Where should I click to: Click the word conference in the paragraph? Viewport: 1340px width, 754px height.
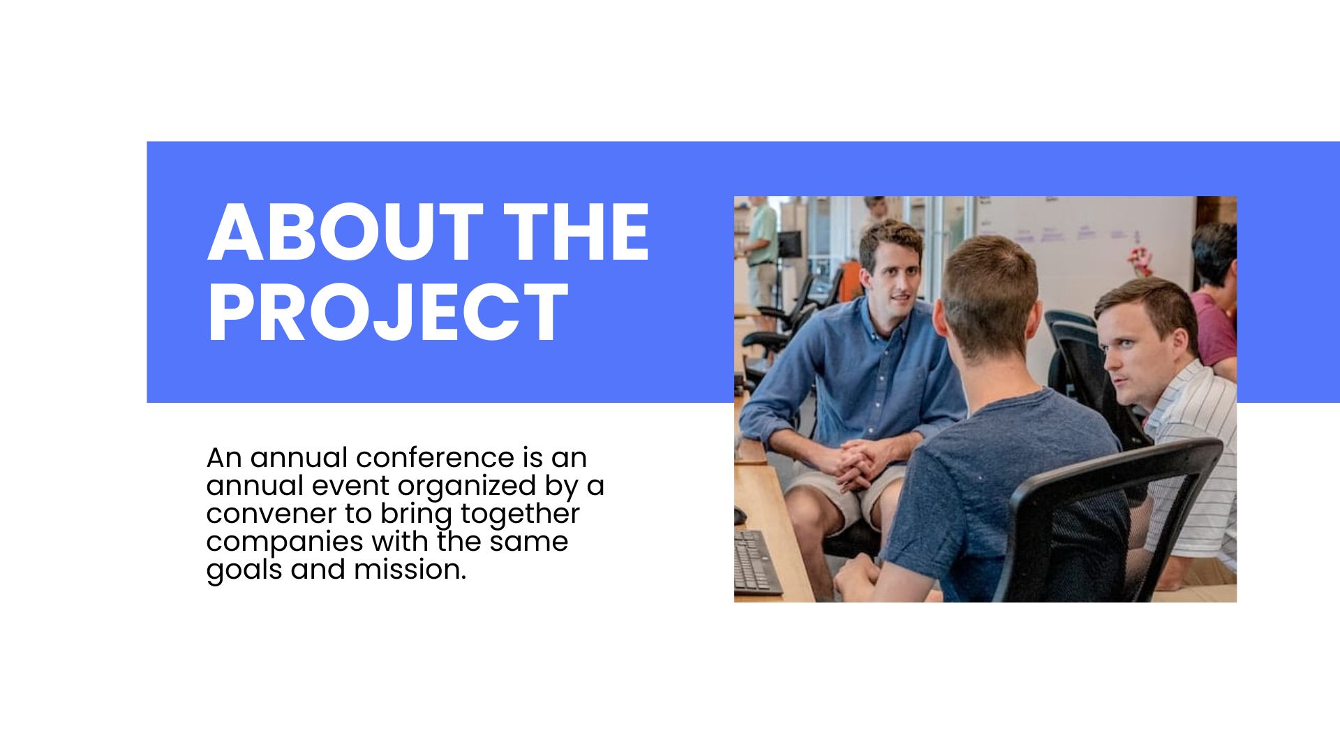[x=434, y=458]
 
